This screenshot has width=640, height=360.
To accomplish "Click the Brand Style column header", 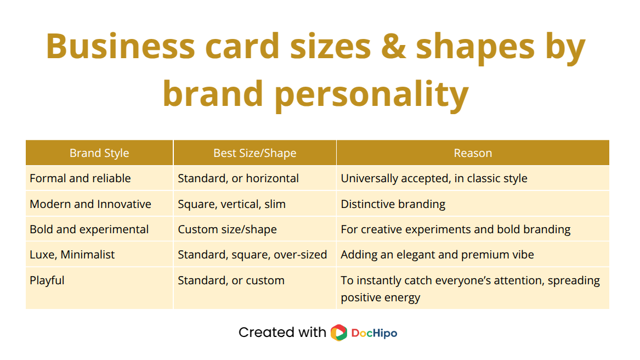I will tap(99, 153).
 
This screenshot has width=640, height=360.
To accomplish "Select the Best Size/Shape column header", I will tap(254, 153).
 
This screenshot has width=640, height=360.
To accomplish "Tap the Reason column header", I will tap(473, 153).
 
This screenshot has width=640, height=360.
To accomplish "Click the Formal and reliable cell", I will tap(80, 178).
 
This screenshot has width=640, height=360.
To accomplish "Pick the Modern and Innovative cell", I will tap(90, 204).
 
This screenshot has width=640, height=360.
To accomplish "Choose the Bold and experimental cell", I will tap(89, 229).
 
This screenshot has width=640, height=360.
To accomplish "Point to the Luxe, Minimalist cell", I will tap(72, 255).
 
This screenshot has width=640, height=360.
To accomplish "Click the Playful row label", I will tap(47, 280).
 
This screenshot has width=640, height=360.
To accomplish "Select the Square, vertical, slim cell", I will tap(231, 204).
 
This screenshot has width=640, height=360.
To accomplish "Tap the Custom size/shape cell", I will tap(227, 229).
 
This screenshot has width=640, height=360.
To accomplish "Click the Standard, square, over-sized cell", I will tap(252, 255).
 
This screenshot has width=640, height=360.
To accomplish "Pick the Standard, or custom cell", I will tap(231, 280).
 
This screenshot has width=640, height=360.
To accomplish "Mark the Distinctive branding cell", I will tap(393, 204).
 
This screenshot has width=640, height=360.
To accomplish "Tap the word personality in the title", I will tap(371, 93).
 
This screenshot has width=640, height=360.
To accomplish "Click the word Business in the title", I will tap(120, 46).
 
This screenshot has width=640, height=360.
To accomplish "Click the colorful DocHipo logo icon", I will tap(339, 333).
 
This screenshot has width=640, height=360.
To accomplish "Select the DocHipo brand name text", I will tap(374, 333).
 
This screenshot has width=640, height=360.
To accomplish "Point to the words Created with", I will tap(282, 333).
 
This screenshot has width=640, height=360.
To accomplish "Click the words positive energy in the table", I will tap(380, 297).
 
